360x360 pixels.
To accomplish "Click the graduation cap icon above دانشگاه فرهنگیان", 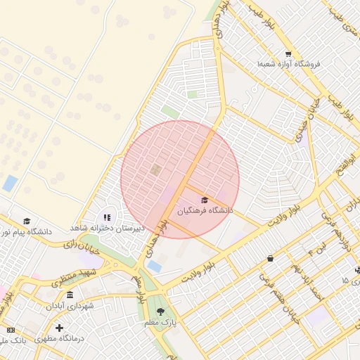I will click(205, 200).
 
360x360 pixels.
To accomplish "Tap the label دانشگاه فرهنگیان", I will click(205, 210).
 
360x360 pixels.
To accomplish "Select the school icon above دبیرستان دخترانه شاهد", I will click(107, 218).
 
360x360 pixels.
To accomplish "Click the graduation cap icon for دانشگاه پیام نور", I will click(27, 221).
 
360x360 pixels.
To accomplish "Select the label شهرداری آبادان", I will click(70, 306).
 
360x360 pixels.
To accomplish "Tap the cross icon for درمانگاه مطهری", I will click(59, 328).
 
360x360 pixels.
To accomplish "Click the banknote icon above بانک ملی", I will click(10, 330).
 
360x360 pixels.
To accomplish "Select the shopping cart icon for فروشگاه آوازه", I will click(288, 54).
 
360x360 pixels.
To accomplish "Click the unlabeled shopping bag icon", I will click(270, 259).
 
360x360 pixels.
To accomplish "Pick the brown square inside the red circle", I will click(155, 169).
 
